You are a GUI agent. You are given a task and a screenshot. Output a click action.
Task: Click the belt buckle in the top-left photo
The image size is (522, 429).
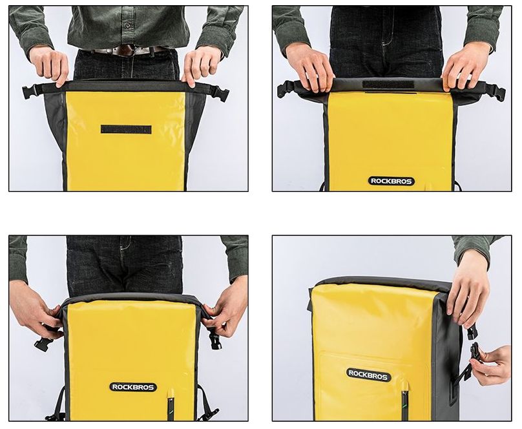click(126, 50)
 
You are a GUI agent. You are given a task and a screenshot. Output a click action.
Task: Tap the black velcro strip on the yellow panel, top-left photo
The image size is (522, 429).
click(126, 129)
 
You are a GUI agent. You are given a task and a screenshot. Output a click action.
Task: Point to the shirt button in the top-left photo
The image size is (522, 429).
click(127, 25)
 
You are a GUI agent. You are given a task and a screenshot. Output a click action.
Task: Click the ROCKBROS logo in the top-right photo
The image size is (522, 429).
click(391, 181)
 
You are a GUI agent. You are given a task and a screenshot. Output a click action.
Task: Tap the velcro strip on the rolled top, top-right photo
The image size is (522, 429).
click(389, 85)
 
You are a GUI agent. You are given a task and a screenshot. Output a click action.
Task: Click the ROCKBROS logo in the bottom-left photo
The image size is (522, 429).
click(133, 387)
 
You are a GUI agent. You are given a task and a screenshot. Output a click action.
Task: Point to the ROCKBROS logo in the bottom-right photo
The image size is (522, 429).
click(368, 375)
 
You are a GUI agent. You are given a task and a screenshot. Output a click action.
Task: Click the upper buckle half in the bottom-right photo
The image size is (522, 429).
click(472, 333)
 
